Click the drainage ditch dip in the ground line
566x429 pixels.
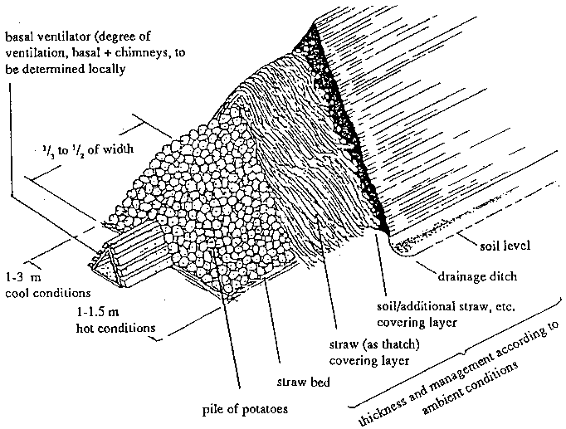[x=402, y=246]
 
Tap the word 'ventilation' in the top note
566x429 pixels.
[x=35, y=54]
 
